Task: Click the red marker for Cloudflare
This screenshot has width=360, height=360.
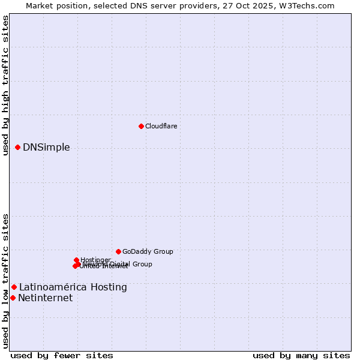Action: (x=141, y=126)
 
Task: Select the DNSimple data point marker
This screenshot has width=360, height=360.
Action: (x=18, y=147)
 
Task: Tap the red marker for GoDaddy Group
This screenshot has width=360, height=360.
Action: (x=118, y=251)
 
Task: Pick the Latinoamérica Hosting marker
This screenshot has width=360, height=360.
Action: (x=14, y=287)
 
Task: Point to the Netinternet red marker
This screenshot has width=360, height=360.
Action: (x=13, y=298)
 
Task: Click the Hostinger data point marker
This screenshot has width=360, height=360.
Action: (x=76, y=260)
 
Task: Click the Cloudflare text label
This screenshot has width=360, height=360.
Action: (x=161, y=126)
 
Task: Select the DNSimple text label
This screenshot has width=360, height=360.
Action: (x=46, y=148)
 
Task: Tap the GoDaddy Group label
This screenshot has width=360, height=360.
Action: (x=148, y=251)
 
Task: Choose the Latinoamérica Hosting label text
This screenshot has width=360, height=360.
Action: (x=73, y=287)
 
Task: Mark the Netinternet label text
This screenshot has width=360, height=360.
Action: (x=45, y=298)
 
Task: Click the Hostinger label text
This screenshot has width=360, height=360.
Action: (x=95, y=260)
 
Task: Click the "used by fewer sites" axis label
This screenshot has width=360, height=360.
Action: (x=62, y=355)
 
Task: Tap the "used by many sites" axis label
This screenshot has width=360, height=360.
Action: (x=301, y=355)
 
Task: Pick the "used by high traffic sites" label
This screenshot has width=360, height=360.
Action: (x=5, y=86)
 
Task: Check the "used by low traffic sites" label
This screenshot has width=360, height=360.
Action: (x=5, y=281)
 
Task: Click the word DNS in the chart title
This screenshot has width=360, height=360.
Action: (x=137, y=5)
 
